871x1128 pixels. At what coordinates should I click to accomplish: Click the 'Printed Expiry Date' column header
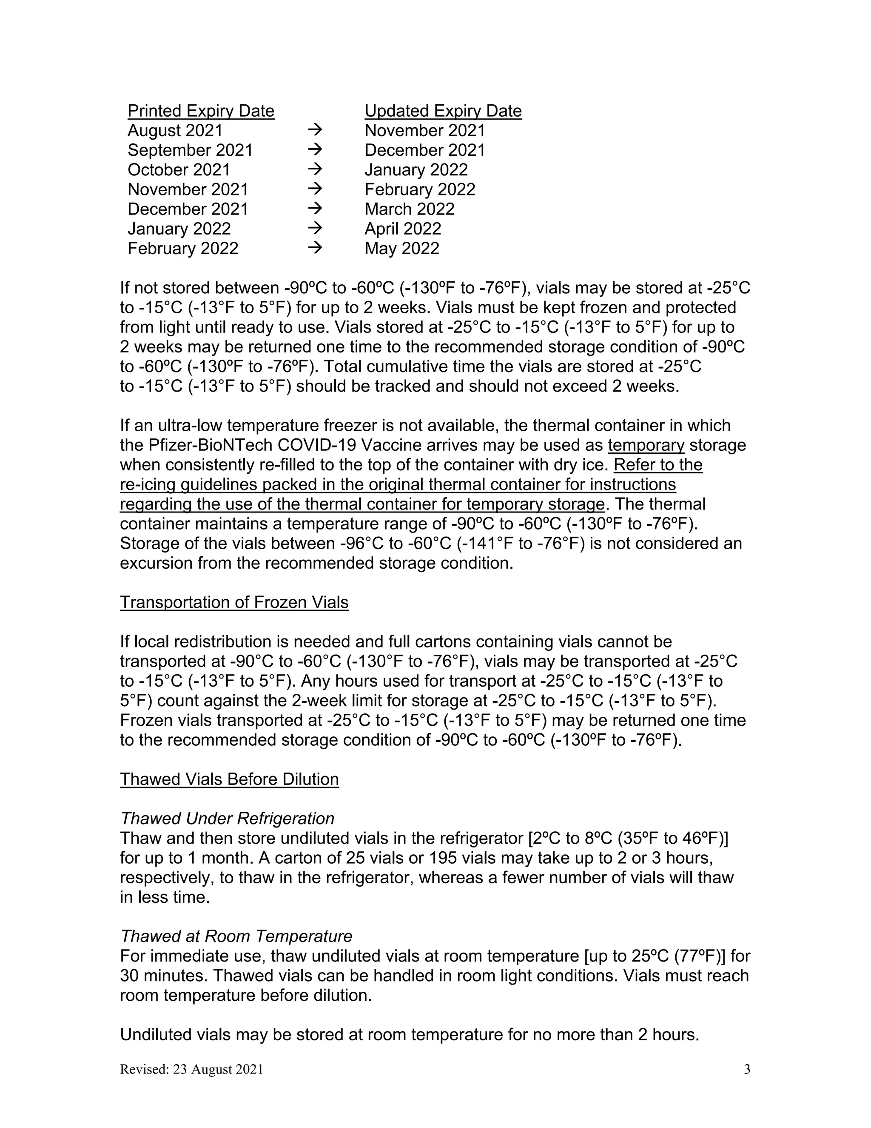[201, 111]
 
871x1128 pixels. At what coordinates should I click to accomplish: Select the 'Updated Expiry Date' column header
[443, 111]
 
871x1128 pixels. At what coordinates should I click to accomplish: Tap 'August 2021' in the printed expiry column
[175, 131]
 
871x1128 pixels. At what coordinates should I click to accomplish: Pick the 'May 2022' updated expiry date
[401, 249]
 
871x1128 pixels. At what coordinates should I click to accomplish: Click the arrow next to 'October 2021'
[315, 169]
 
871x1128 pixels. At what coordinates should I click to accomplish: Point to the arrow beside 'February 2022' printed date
[315, 248]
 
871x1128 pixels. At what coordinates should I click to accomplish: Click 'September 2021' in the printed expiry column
[190, 150]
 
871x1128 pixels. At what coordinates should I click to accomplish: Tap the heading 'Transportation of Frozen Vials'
[234, 602]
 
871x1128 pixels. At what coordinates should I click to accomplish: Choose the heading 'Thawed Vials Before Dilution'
[229, 779]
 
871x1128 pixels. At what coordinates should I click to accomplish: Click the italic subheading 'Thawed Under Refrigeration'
[227, 819]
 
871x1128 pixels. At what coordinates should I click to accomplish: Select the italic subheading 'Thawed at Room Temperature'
[236, 936]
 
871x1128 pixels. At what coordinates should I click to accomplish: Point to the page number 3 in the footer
[747, 1069]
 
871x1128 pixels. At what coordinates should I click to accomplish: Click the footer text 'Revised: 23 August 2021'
[191, 1069]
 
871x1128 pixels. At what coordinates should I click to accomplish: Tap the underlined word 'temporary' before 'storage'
[646, 445]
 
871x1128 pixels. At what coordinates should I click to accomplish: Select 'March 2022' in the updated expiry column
[409, 209]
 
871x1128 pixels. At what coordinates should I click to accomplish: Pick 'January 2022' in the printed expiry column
[179, 229]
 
